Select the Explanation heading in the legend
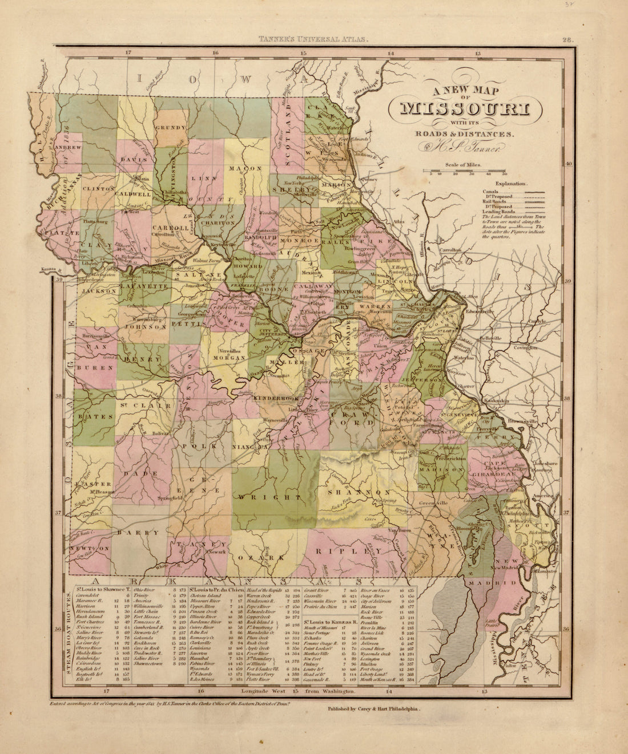coord(511,185)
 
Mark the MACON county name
coord(245,169)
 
